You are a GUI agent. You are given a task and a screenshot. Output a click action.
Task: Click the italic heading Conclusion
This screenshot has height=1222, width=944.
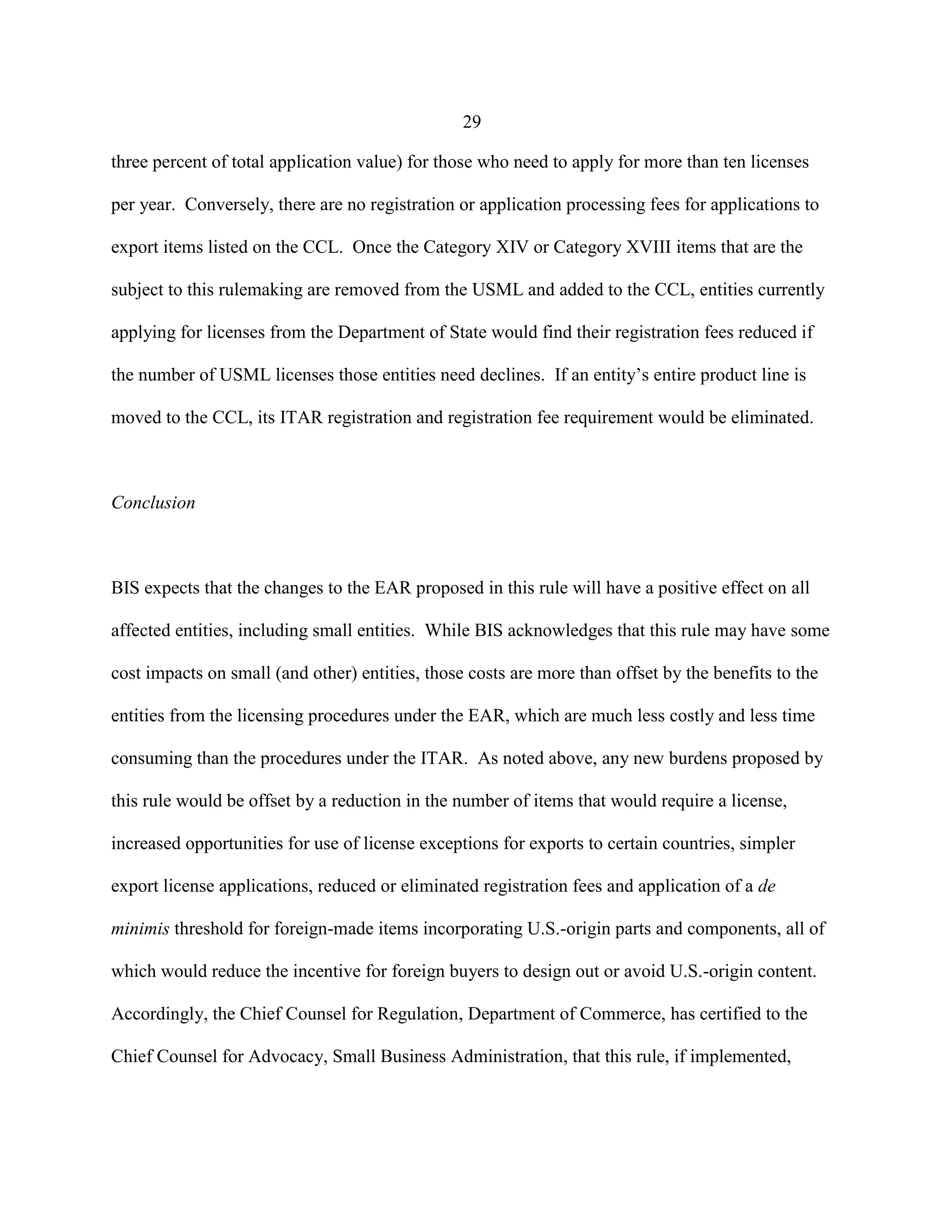click(153, 503)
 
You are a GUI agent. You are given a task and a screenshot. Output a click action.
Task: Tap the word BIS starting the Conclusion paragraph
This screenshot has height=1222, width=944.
click(125, 587)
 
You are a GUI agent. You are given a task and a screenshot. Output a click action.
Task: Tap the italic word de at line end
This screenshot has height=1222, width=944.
click(767, 886)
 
